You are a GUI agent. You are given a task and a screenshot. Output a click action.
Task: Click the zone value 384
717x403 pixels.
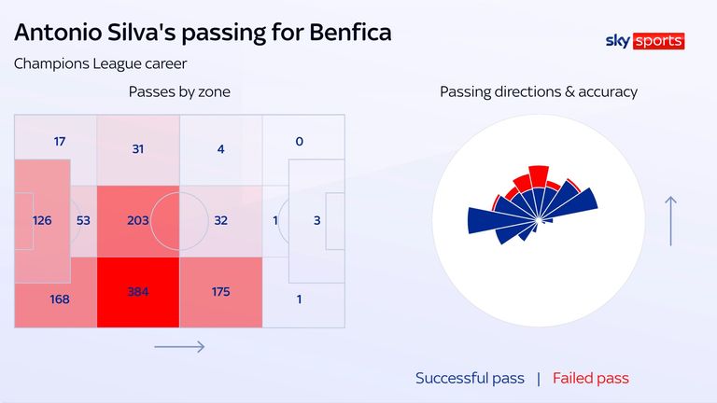coord(138,291)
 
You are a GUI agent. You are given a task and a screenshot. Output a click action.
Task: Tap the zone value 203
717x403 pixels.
coord(138,220)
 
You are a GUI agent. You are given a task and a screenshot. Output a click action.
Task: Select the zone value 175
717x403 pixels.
coord(221,291)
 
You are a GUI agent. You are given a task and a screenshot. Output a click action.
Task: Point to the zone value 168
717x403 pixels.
coord(60,299)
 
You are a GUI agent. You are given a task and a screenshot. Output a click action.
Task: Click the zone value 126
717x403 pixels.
coord(42,220)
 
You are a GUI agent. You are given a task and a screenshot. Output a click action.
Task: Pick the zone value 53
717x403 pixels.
coord(83,220)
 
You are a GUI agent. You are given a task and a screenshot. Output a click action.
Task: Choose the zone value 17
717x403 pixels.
coord(60,142)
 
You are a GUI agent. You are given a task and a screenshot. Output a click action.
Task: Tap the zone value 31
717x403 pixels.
coord(138,149)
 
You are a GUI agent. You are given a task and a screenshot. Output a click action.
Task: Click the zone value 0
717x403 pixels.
coord(300,142)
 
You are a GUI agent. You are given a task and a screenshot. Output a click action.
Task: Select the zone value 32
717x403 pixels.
coord(221,220)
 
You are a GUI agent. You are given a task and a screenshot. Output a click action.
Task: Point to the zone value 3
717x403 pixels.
coord(316,220)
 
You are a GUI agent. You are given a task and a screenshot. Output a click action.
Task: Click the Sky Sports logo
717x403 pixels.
coord(645,41)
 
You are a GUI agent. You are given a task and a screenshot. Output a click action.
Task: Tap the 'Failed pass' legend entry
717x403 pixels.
coord(590,378)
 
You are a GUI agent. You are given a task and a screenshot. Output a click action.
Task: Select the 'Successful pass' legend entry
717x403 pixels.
coord(470,378)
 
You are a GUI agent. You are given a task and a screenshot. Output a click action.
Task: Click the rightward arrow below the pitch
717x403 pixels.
coord(179,347)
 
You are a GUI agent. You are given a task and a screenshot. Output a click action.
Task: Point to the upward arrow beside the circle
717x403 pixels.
coord(670,221)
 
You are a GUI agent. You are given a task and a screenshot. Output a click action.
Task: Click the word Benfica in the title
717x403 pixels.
coord(350,33)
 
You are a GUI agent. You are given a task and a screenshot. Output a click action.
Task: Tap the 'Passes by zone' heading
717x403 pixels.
coord(179,91)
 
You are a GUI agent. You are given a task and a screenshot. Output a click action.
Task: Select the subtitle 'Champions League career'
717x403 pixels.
coord(100,63)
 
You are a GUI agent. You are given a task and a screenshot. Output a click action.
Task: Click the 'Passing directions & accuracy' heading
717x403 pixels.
coord(539,91)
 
